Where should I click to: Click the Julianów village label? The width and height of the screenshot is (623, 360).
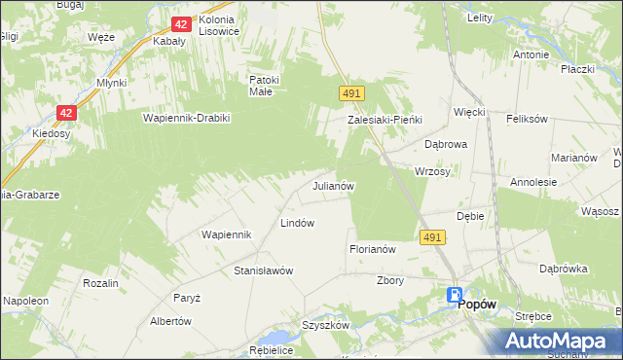333,184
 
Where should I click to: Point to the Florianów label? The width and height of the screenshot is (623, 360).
373,248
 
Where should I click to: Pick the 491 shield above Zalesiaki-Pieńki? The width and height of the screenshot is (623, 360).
352,92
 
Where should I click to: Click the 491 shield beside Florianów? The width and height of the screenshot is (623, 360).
433,236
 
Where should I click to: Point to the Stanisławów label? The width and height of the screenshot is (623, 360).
263,270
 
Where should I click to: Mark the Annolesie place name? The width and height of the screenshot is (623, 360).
533,182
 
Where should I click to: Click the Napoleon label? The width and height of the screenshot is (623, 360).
26,302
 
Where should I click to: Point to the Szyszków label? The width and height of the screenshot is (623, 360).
324,326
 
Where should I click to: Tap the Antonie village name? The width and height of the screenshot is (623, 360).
531,54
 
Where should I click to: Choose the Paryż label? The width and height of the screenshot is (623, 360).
185,298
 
